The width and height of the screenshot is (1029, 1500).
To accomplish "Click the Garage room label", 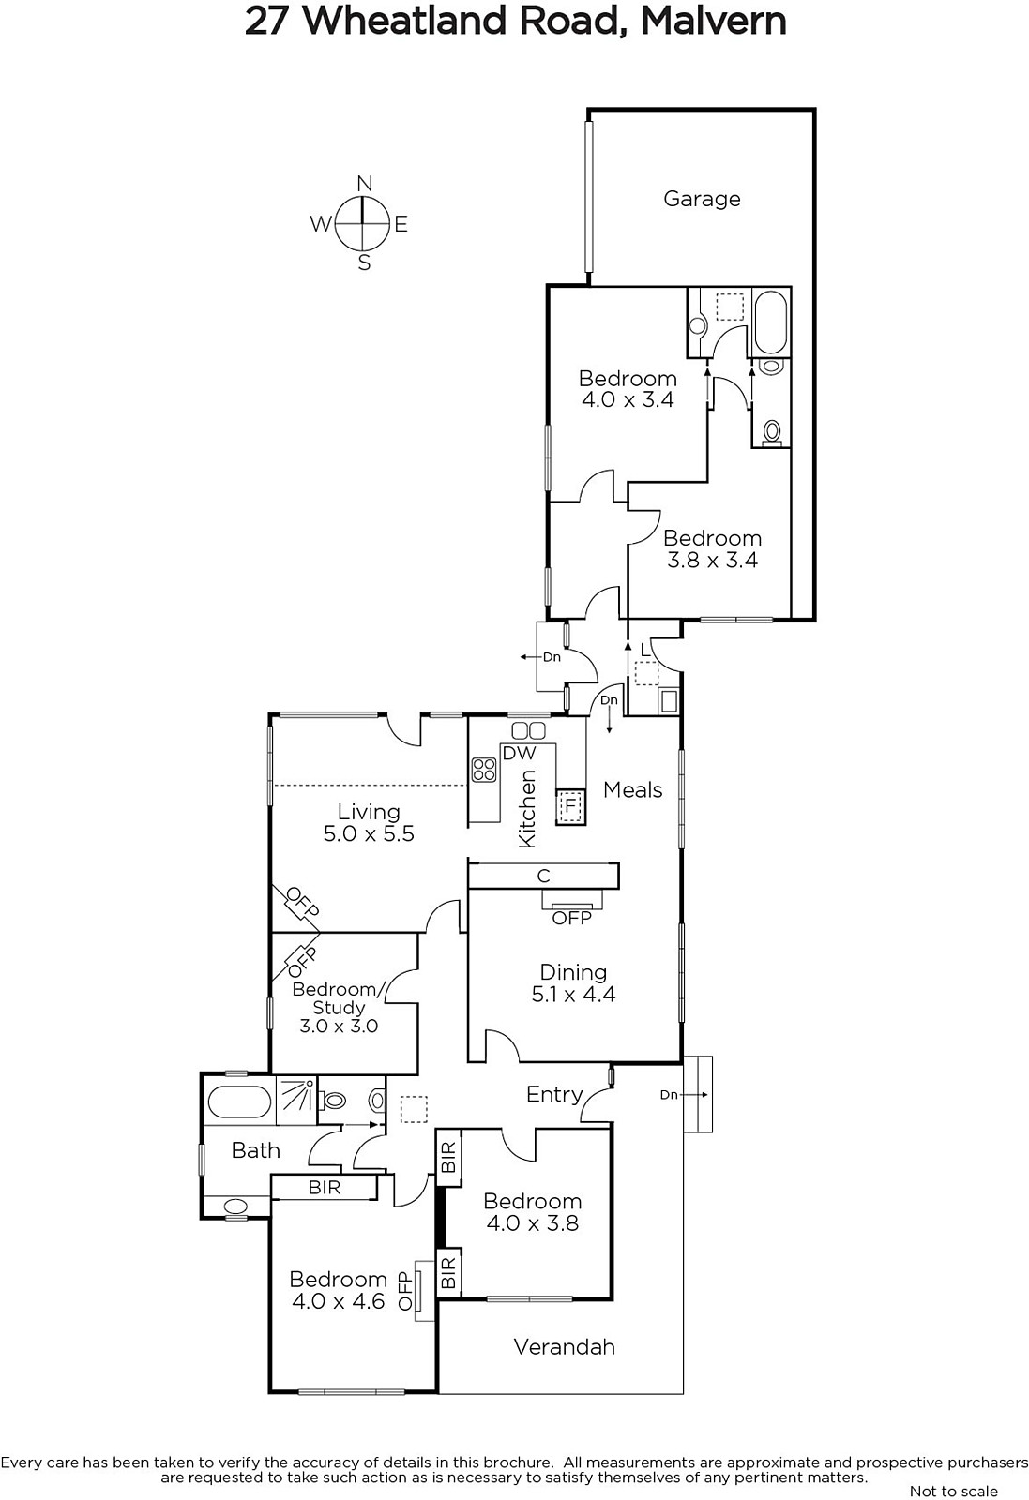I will point(702,199).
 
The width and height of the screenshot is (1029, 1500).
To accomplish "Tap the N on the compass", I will point(365,183).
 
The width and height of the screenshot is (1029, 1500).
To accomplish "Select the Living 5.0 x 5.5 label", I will point(369,822).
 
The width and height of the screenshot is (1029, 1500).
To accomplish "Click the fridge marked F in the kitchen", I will point(569,804).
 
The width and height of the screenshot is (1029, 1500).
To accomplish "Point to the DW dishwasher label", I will point(519,753).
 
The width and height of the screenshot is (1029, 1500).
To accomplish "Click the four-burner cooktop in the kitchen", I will point(484,770).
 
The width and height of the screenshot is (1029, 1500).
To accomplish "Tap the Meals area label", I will point(632,789).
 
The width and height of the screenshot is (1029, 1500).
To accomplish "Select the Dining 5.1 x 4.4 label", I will point(573,983).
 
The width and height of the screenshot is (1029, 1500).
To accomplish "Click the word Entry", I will point(553,1094).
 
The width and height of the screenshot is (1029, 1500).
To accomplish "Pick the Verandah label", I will point(564,1346).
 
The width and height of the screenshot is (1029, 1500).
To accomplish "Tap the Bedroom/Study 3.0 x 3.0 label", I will point(338,1007).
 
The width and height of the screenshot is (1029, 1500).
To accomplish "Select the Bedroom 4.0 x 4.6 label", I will point(338,1290).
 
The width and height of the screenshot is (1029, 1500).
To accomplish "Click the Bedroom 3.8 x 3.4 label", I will point(712,548).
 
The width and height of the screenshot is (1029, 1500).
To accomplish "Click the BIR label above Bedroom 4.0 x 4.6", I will point(325,1187).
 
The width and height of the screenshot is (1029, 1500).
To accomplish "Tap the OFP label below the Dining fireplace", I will point(571,918).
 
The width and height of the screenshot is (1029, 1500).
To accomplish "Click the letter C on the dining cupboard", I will point(543,876).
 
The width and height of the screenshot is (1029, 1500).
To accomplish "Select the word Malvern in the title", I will point(713,21).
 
